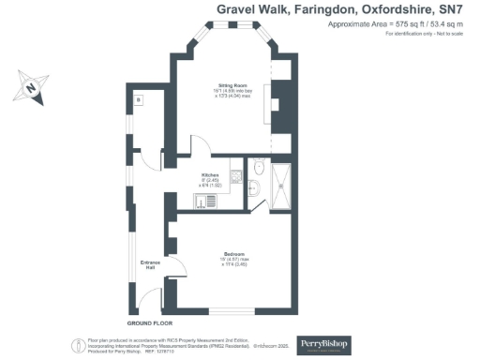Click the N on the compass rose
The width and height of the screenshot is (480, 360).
pos(31,91)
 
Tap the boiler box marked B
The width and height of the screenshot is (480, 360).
pos(137,99)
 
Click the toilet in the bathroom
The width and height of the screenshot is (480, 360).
pos(258,170)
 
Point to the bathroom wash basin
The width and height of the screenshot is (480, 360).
pos(254,190)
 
